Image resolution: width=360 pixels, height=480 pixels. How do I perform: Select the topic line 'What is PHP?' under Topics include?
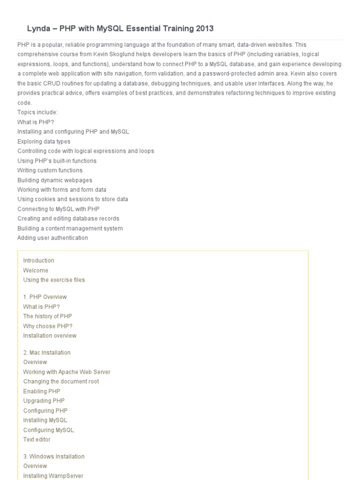point(36,122)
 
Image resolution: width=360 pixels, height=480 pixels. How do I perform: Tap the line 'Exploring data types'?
point(44,142)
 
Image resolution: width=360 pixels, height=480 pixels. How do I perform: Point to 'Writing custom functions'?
point(50,171)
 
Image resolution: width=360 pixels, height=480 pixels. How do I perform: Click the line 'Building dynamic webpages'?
point(54,180)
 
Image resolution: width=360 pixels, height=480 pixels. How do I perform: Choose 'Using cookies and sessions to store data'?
point(73,199)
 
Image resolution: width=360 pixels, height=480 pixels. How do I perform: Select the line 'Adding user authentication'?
point(52,238)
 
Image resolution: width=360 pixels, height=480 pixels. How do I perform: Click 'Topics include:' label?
point(37,112)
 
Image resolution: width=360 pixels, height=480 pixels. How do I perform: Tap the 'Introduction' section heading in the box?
point(38,261)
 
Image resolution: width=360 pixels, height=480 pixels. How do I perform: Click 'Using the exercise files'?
point(54,280)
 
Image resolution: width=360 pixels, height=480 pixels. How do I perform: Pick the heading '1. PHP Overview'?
point(45,297)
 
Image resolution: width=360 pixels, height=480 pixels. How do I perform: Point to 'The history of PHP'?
point(47,316)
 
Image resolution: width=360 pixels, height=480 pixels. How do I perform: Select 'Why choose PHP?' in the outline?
point(48,326)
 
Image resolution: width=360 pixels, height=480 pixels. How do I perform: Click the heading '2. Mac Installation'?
point(47,353)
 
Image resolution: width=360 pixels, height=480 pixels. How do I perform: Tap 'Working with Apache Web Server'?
point(67,372)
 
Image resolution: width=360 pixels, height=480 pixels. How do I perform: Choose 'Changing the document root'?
point(61,382)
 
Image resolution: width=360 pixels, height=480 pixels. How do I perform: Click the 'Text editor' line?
point(37,440)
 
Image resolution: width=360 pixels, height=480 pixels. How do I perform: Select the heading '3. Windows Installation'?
point(54,457)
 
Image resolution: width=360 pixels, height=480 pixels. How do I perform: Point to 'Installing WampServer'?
point(53,476)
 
